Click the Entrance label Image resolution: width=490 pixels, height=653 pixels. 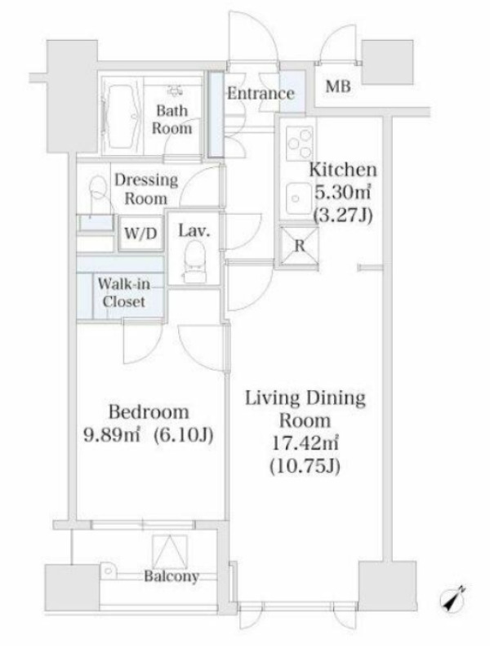click(261, 93)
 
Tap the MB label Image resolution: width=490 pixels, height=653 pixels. click(338, 87)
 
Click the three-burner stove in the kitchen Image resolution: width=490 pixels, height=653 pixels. click(299, 143)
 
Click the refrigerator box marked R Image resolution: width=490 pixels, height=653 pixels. click(300, 247)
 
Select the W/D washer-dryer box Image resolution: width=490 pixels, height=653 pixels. click(140, 233)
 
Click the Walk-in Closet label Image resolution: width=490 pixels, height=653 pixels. click(124, 293)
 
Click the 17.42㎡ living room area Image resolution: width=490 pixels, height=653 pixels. click(305, 443)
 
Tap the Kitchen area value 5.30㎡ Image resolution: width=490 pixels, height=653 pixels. click(342, 193)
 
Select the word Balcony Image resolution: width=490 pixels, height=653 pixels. click(171, 577)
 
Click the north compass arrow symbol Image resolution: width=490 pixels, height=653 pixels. click(453, 599)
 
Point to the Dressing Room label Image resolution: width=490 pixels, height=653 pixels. click(146, 189)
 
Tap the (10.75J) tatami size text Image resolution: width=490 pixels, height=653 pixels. click(305, 466)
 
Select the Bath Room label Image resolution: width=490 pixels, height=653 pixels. click(171, 119)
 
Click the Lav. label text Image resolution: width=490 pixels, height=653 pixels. click(194, 230)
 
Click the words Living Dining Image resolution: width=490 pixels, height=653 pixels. click(305, 398)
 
